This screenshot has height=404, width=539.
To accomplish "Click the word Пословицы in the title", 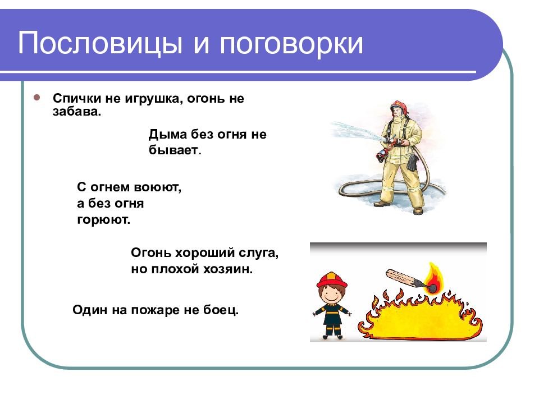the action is pyautogui.click(x=100, y=43).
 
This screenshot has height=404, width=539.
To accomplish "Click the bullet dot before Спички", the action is pyautogui.click(x=37, y=98).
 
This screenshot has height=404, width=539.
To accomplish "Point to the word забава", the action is pyautogui.click(x=77, y=112).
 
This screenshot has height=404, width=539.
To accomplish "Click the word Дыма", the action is pyautogui.click(x=167, y=134).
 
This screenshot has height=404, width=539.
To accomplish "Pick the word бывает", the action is pyautogui.click(x=174, y=150).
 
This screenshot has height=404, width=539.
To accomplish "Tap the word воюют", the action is pyautogui.click(x=157, y=187).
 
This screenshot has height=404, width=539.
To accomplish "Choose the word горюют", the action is pyautogui.click(x=103, y=220).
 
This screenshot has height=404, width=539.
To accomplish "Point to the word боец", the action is pyautogui.click(x=221, y=310).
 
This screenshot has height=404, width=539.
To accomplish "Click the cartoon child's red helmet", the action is pyautogui.click(x=332, y=280).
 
